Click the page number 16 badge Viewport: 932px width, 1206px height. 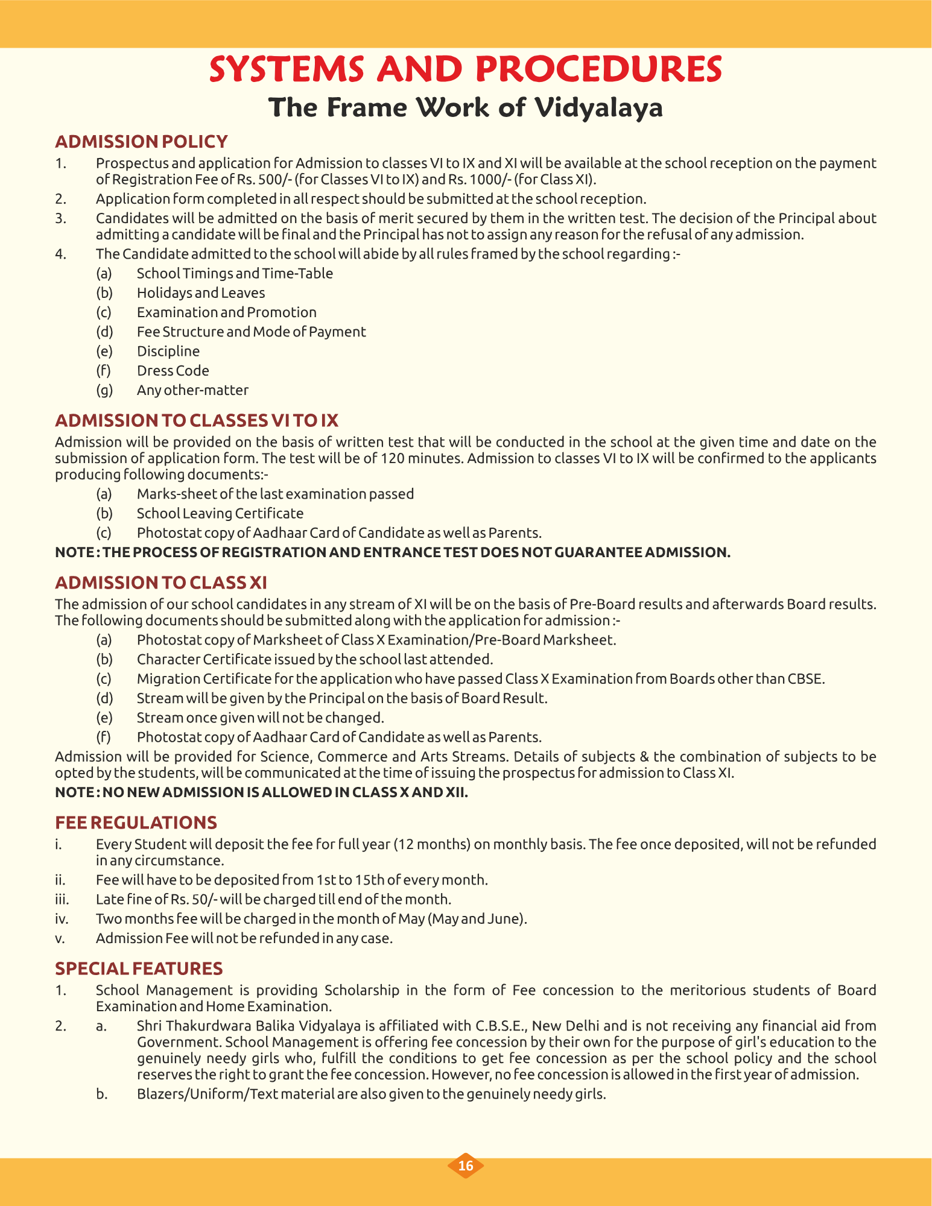[466, 1166]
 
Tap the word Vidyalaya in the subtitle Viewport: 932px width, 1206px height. [600, 107]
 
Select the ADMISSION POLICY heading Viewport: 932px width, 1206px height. [141, 142]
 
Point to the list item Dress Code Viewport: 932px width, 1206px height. [173, 371]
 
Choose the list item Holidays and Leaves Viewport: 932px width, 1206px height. [201, 293]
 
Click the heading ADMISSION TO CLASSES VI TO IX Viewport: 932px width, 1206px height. [197, 420]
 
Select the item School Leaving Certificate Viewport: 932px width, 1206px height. [220, 514]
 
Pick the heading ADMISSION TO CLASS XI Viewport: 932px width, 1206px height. [161, 582]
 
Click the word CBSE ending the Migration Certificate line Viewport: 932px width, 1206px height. [806, 679]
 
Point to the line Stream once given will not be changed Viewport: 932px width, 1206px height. [261, 718]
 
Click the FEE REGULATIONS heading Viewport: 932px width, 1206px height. [136, 822]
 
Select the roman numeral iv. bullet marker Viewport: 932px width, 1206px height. [61, 919]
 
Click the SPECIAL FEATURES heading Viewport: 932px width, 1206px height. [139, 968]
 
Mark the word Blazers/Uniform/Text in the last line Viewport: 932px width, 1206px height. [206, 1094]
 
